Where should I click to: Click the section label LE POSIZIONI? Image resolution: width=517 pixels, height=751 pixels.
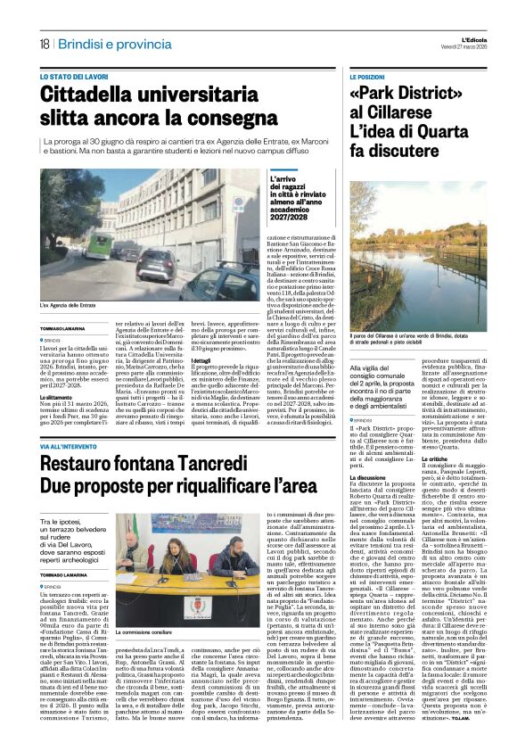(366, 78)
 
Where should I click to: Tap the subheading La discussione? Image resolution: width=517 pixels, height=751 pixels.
(367, 477)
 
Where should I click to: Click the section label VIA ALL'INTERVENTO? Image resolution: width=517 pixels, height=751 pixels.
(74, 444)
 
